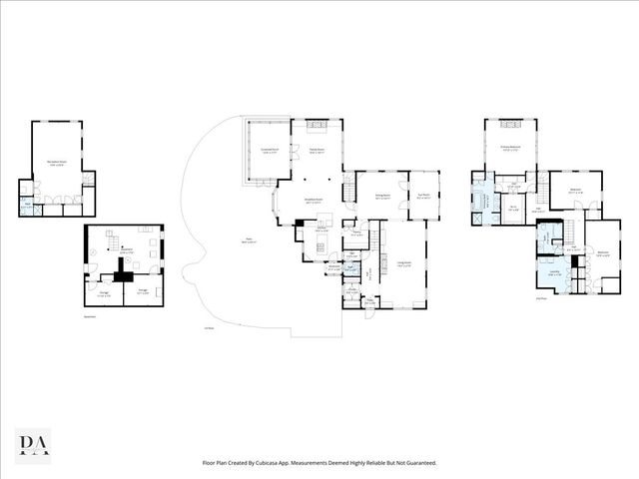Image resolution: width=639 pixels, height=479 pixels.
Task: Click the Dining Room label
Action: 381,197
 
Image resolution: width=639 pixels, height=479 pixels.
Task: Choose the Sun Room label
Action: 422,196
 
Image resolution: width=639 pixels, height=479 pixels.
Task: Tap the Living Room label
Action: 405,263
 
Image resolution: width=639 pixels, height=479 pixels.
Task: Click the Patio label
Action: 248,240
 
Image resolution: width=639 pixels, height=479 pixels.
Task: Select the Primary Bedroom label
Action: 512,153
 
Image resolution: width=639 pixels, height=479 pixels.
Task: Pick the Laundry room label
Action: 554,271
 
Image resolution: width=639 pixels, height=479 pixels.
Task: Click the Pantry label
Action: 356,235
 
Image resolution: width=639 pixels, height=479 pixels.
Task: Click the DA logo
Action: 34,444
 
